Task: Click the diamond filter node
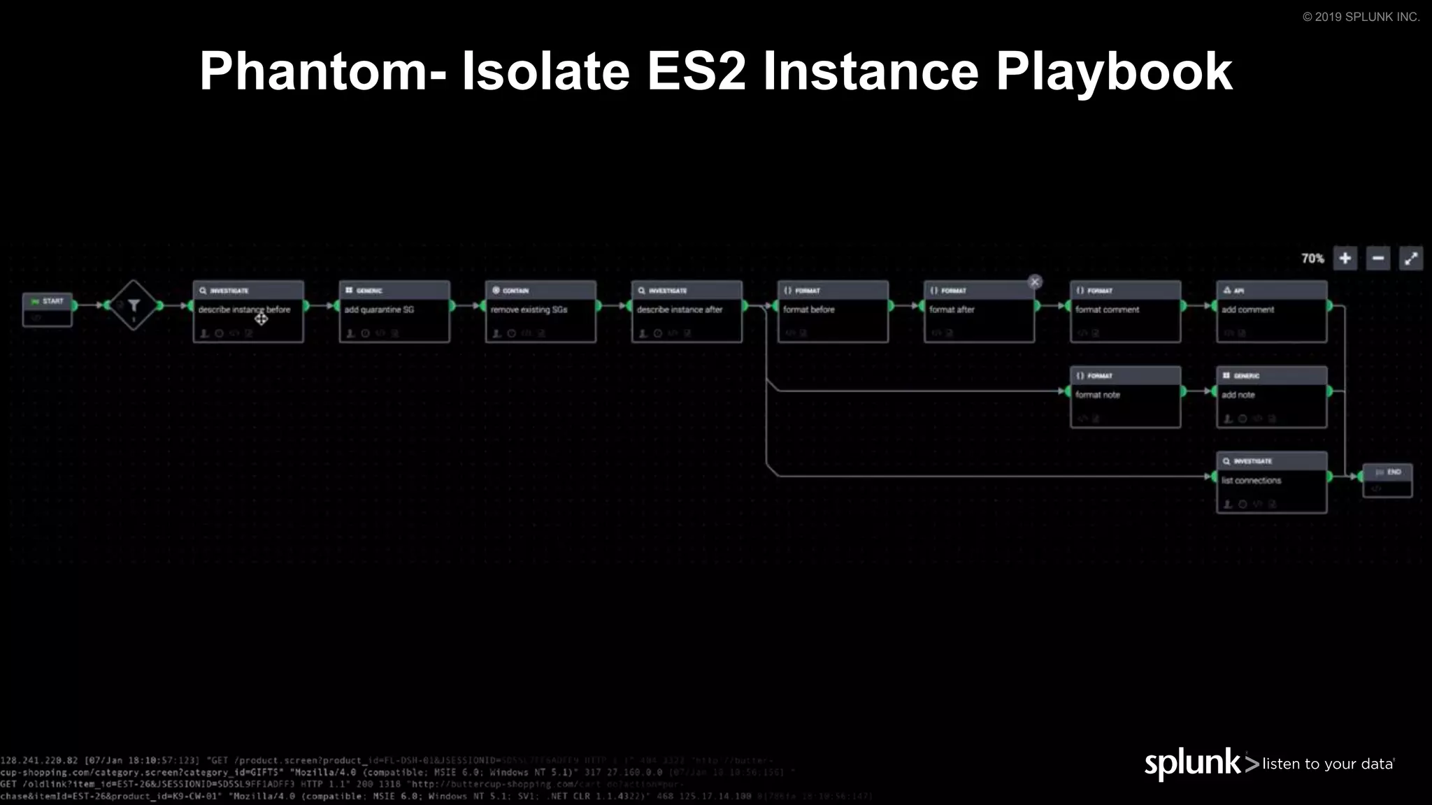(x=134, y=305)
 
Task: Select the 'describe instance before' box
(x=248, y=312)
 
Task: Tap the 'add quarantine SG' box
(x=394, y=312)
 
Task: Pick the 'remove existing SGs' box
(x=540, y=312)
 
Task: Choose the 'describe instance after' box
(x=687, y=312)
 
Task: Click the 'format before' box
(x=833, y=312)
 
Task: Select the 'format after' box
(x=979, y=312)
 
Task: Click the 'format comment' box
(x=1125, y=312)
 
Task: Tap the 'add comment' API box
(x=1271, y=312)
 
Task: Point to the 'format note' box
(x=1125, y=397)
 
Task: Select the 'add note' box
(x=1271, y=397)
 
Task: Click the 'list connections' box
(x=1271, y=482)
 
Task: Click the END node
(x=1387, y=480)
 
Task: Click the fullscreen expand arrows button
(x=1411, y=259)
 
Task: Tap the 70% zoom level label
(x=1312, y=259)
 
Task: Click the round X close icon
(x=1035, y=282)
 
